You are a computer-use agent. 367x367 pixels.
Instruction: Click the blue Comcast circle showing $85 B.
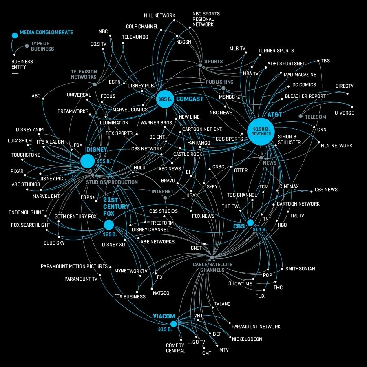click(165, 99)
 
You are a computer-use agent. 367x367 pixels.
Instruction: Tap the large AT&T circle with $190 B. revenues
click(261, 132)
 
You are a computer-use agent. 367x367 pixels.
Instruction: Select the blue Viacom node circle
click(173, 324)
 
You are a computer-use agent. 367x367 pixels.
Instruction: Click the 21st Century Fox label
click(116, 206)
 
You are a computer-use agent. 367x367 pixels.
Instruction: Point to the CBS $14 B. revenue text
click(260, 229)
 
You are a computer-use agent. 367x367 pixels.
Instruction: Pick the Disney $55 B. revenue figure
click(104, 161)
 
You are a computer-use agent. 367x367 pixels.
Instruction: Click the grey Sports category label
click(213, 61)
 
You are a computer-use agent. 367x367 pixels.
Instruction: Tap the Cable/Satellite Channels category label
click(212, 267)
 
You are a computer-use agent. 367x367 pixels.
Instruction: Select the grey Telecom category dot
click(301, 116)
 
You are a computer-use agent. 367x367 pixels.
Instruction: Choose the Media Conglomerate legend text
click(46, 32)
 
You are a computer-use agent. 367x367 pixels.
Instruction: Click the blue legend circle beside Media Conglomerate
click(15, 35)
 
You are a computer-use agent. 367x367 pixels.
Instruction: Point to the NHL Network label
click(159, 15)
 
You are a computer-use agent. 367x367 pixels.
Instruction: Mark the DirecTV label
click(344, 86)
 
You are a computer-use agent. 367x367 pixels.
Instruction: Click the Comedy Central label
click(175, 348)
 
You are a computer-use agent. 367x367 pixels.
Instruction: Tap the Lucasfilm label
click(20, 141)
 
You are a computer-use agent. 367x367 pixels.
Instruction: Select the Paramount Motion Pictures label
click(74, 266)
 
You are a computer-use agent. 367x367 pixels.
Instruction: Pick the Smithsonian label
click(300, 268)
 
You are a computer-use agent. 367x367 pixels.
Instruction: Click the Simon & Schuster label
click(289, 139)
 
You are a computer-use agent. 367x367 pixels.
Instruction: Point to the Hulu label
click(139, 168)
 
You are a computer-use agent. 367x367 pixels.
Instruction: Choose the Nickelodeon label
click(247, 339)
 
